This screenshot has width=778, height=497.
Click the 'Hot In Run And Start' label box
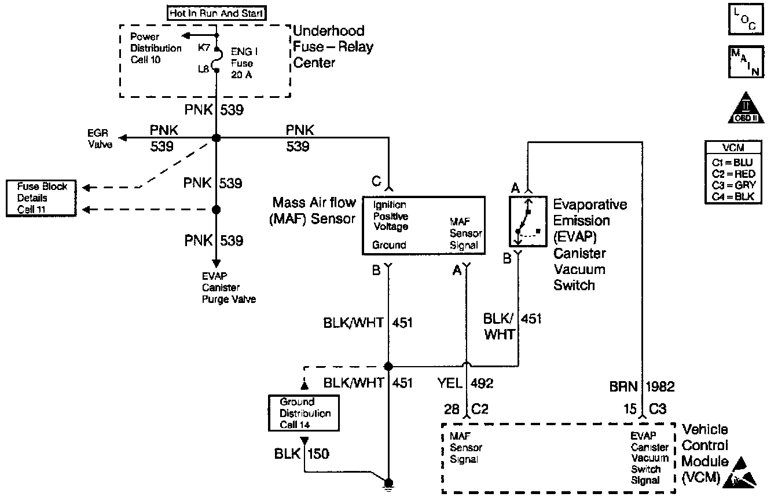tap(216, 13)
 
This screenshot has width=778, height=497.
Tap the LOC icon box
tap(743, 20)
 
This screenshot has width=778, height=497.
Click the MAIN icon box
tap(743, 61)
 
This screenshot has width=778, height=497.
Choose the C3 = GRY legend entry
tap(734, 185)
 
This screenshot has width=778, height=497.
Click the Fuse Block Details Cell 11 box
tap(42, 198)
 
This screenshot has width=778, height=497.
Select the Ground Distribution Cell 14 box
tap(304, 413)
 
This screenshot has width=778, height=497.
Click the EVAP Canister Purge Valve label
tap(228, 288)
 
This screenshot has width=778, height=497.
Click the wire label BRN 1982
tap(641, 386)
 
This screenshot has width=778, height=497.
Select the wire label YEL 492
tap(465, 383)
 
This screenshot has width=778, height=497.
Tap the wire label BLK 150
tap(302, 454)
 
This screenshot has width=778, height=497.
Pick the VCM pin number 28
tap(452, 409)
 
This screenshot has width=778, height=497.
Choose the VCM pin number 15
tap(629, 409)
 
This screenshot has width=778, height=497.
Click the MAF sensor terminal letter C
tap(376, 182)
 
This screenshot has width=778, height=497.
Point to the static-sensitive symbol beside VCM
tap(744, 470)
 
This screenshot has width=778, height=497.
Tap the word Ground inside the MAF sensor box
tap(389, 245)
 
